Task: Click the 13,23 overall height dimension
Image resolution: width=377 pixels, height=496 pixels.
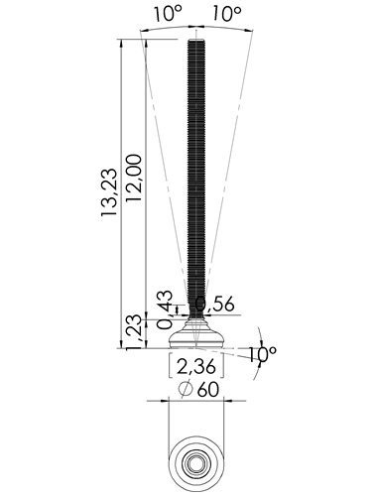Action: point(109,192)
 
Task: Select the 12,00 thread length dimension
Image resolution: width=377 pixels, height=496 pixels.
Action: point(134,178)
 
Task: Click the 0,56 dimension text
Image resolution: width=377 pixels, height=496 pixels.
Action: point(215,304)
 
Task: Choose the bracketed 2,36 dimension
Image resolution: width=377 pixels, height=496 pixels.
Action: point(196,366)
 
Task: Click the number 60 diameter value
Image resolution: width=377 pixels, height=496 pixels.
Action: point(208,390)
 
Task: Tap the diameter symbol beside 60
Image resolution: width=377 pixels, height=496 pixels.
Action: point(186,389)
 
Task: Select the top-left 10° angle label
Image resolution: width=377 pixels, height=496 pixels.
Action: point(168,14)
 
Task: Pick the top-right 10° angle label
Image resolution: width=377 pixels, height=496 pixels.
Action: point(226,14)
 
